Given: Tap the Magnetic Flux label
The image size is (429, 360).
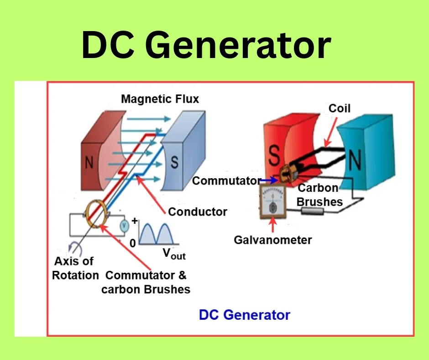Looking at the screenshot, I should coord(160,99).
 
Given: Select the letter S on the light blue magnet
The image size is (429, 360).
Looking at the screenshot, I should coord(174,163).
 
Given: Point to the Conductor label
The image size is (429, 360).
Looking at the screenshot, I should coord(197,212).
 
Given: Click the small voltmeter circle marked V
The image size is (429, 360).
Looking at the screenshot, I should coord(123,225).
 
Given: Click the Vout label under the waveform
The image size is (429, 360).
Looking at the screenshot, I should coord(174,254).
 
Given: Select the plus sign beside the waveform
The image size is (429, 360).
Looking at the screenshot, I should coord(134,221).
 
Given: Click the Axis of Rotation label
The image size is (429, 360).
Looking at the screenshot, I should coord(75,268).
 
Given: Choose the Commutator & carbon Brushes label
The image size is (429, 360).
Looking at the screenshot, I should coord(146,282).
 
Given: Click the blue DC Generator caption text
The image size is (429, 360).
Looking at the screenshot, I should coord(244,315).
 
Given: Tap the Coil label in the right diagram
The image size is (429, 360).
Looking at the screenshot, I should coord(340,108).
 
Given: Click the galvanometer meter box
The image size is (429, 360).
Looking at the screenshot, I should coord(273,203).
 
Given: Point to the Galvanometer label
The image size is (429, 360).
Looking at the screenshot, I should coord(273,239).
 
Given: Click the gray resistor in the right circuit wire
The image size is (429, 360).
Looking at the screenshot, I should coord(312,211).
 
